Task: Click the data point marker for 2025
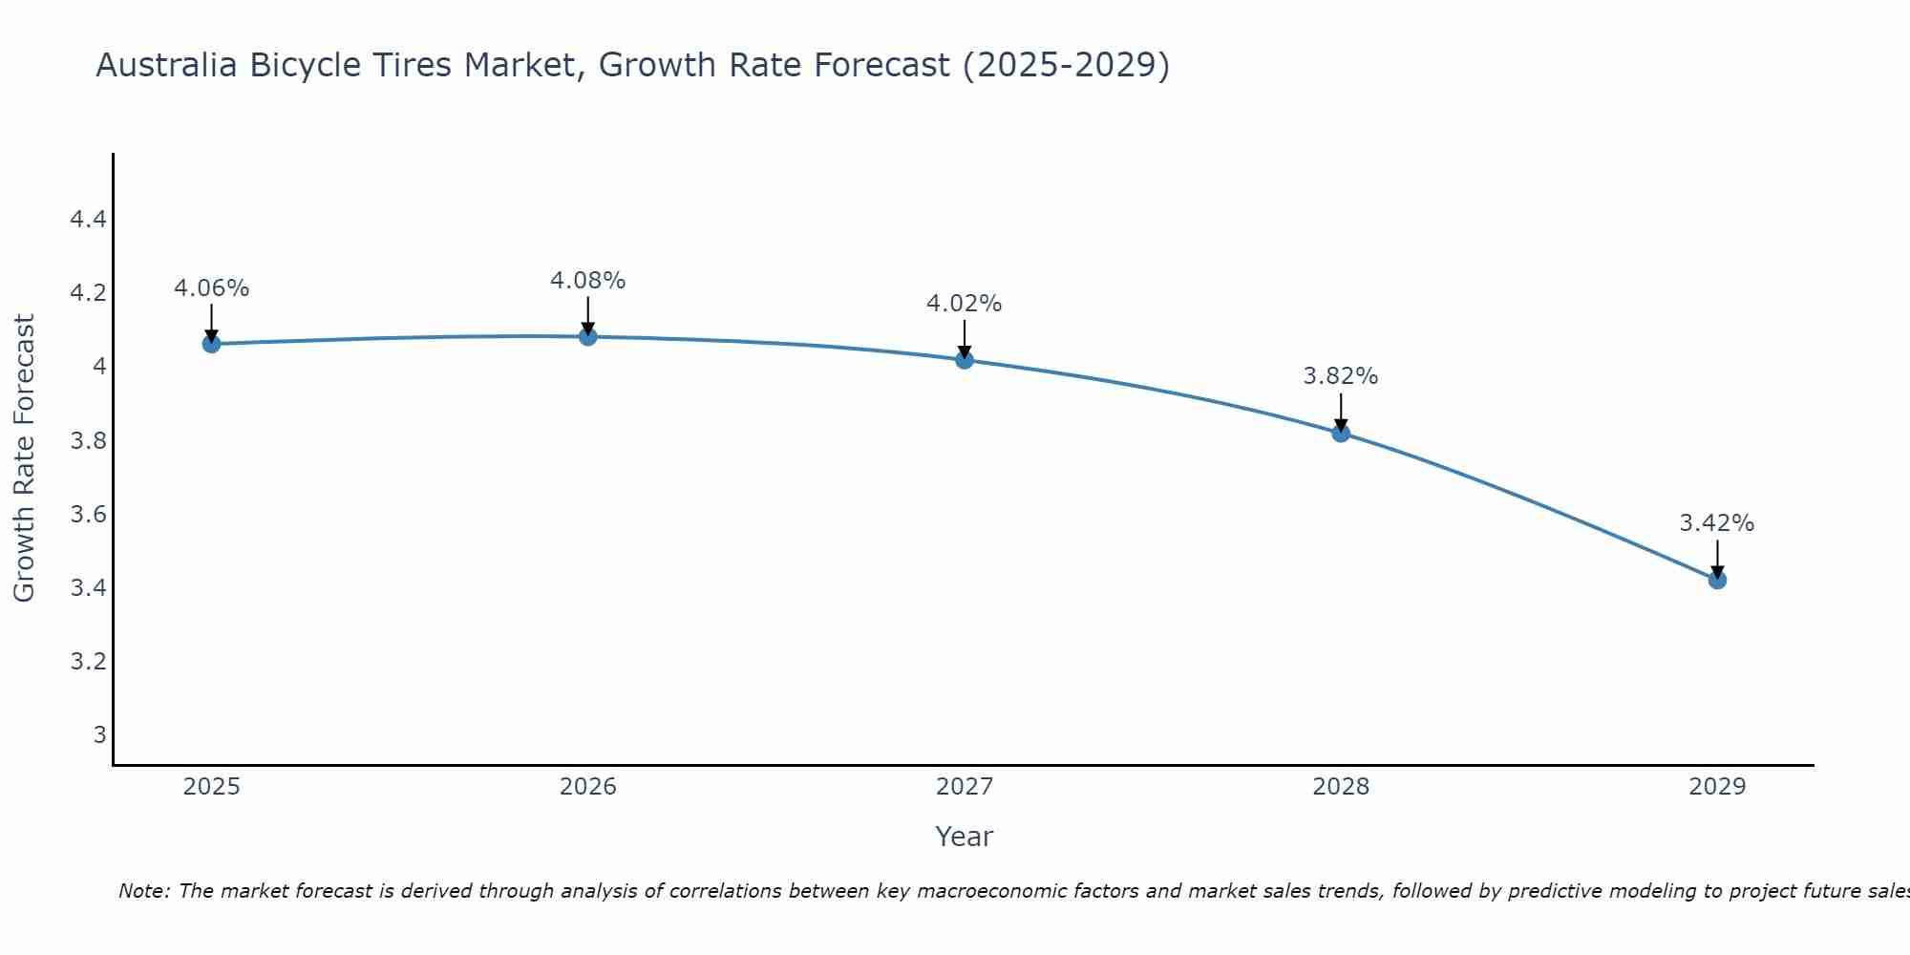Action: [211, 344]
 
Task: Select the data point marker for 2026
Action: [588, 336]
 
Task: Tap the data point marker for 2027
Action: [965, 360]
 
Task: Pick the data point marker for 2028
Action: [1341, 433]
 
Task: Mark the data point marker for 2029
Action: [1717, 580]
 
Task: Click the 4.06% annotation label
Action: [211, 288]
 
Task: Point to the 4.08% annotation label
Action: [588, 281]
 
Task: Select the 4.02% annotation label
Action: [965, 304]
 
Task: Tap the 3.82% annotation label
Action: [1341, 376]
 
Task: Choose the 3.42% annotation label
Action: [1717, 523]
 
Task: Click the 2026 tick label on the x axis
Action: [588, 787]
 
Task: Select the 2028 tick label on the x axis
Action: [1341, 787]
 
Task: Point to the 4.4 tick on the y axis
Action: [88, 220]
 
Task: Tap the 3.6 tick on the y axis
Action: [88, 515]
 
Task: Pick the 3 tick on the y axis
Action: [99, 734]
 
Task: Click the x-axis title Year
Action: [965, 837]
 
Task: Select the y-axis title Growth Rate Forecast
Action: [24, 458]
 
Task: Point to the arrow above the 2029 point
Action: [1717, 558]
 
